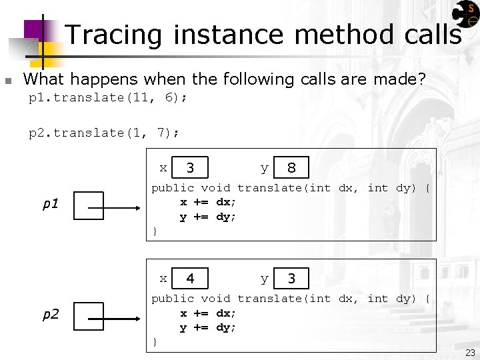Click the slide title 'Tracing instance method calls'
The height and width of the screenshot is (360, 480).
click(x=263, y=35)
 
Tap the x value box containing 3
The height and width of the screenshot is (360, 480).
click(x=191, y=168)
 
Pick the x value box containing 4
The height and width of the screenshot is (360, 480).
click(x=191, y=279)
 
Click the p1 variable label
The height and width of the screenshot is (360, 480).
click(x=51, y=204)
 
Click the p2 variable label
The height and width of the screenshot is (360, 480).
click(x=51, y=315)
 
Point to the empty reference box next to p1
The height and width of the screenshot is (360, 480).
click(x=89, y=205)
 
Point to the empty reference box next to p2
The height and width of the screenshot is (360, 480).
click(x=89, y=316)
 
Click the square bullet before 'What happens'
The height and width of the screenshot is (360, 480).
click(x=7, y=81)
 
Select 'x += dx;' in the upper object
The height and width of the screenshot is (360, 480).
click(x=208, y=203)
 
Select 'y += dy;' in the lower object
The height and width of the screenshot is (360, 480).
click(x=208, y=327)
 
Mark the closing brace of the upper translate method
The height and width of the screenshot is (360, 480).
click(x=155, y=231)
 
